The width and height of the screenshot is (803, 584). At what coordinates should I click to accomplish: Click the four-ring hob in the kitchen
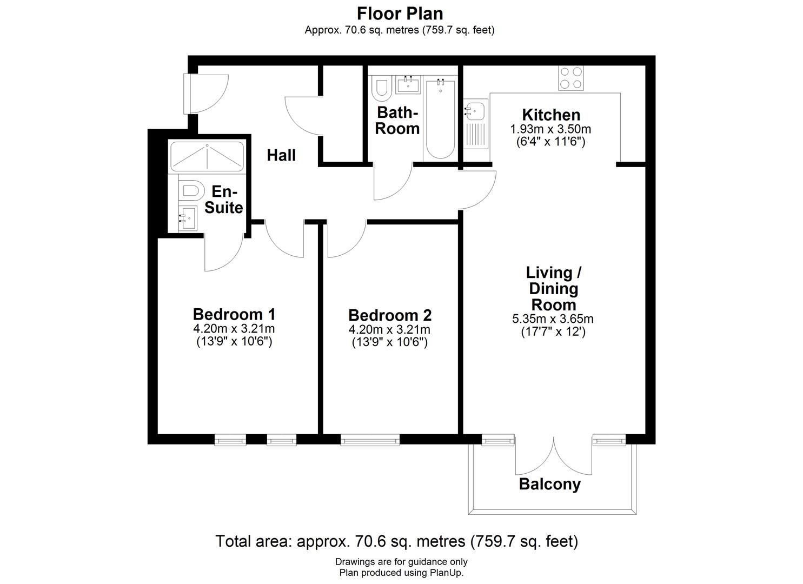[571, 77]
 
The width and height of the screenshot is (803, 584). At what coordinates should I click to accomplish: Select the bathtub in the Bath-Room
[440, 118]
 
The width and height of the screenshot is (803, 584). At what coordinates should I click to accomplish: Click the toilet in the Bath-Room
[382, 89]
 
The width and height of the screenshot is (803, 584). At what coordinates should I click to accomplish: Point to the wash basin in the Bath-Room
[409, 85]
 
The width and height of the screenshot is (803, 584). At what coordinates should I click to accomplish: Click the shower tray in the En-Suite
[207, 156]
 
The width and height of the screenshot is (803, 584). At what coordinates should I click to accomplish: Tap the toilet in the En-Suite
[190, 191]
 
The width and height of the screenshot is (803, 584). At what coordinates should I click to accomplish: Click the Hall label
[281, 156]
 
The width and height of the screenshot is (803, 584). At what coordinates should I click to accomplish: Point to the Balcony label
[549, 484]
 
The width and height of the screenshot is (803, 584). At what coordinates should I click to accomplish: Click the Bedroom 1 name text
[234, 314]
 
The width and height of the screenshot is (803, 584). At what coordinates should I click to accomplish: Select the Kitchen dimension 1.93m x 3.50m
[550, 129]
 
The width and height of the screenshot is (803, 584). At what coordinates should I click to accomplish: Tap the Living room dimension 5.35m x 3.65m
[553, 319]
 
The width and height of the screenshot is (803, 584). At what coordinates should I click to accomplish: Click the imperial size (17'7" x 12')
[553, 332]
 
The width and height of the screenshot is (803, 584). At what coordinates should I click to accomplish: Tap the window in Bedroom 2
[370, 440]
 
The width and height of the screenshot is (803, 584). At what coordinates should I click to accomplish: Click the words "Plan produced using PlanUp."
[401, 573]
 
